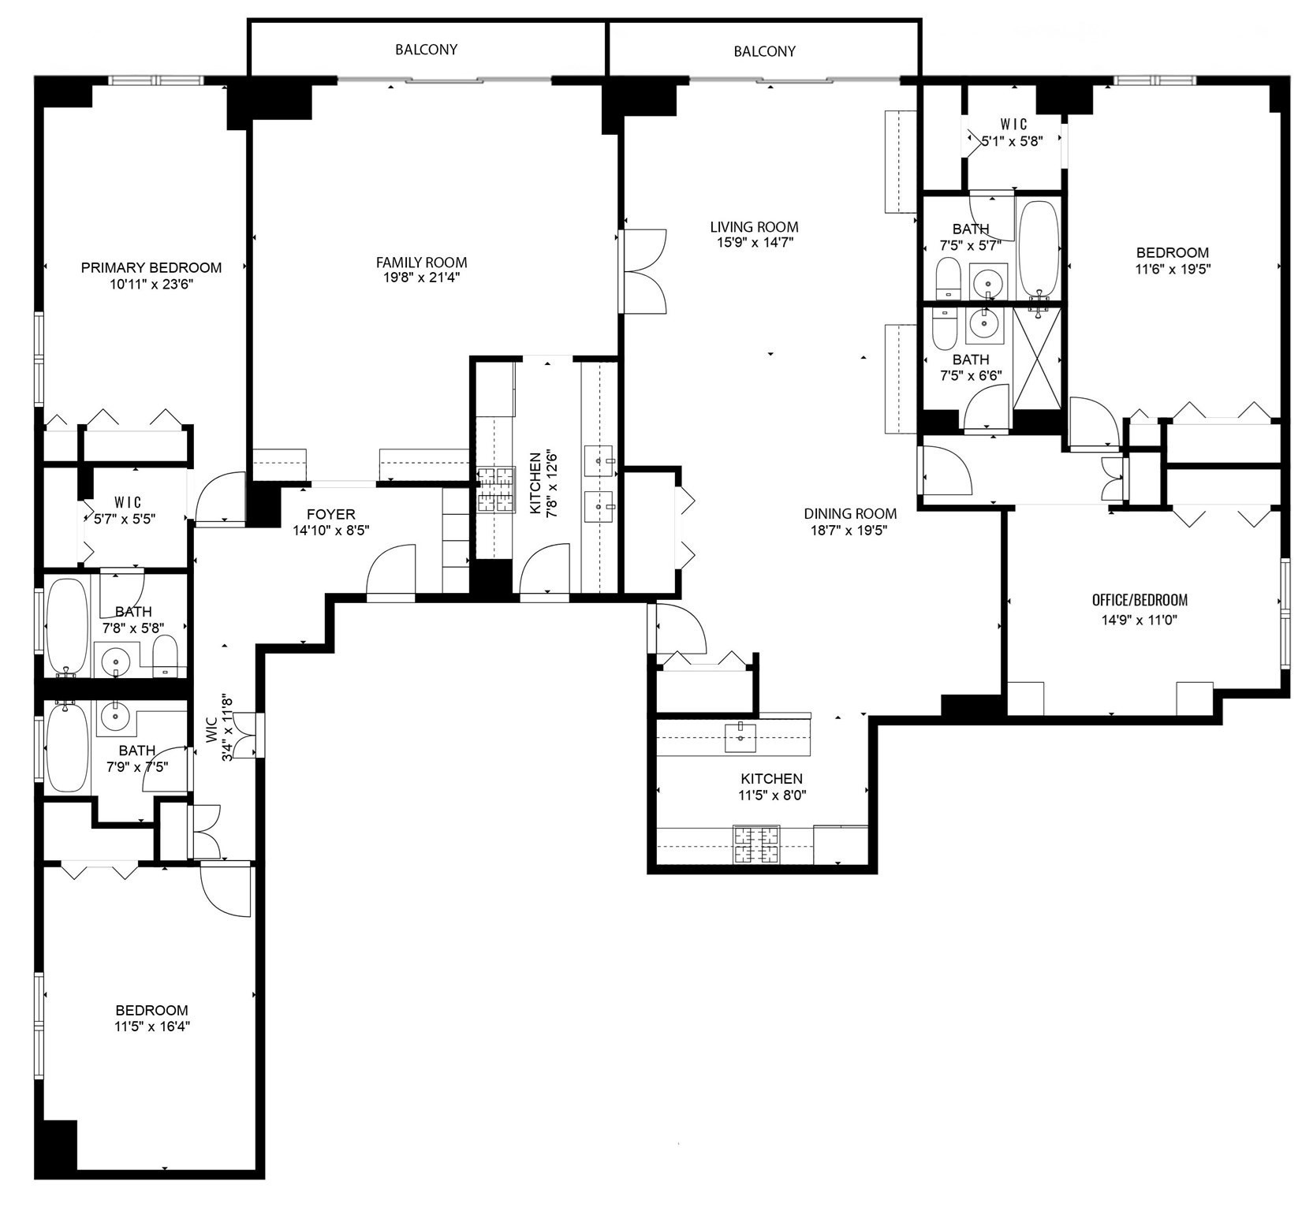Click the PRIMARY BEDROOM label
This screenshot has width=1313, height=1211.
click(x=151, y=268)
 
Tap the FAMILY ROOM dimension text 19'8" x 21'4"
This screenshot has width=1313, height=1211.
click(x=421, y=278)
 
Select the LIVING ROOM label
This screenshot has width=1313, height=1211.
click(x=754, y=227)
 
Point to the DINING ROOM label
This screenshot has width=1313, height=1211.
click(x=850, y=513)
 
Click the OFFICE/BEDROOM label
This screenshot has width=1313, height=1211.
click(x=1139, y=600)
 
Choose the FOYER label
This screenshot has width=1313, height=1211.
click(x=330, y=515)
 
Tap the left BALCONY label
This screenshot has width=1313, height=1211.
click(x=426, y=50)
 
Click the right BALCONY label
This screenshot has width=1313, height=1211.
click(x=764, y=51)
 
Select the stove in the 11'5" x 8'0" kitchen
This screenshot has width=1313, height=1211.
click(x=756, y=844)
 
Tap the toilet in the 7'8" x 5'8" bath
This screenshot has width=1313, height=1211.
click(x=165, y=656)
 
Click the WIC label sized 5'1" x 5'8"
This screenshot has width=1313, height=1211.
click(x=1013, y=125)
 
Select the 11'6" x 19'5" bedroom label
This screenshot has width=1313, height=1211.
click(x=1172, y=253)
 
